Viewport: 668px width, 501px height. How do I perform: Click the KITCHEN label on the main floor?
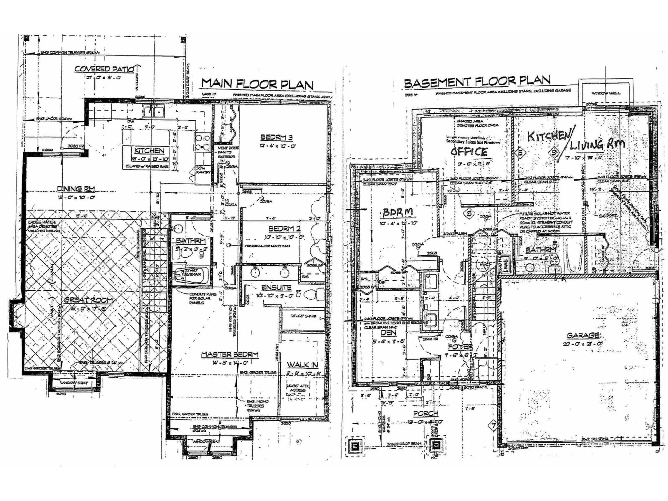[149, 151]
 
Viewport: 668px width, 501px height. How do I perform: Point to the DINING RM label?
[76, 189]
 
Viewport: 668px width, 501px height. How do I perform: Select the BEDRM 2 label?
[284, 228]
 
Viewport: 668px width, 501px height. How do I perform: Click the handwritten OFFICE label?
[469, 151]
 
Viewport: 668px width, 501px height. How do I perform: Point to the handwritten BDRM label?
[397, 213]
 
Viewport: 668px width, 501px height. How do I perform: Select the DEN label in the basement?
[388, 332]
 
